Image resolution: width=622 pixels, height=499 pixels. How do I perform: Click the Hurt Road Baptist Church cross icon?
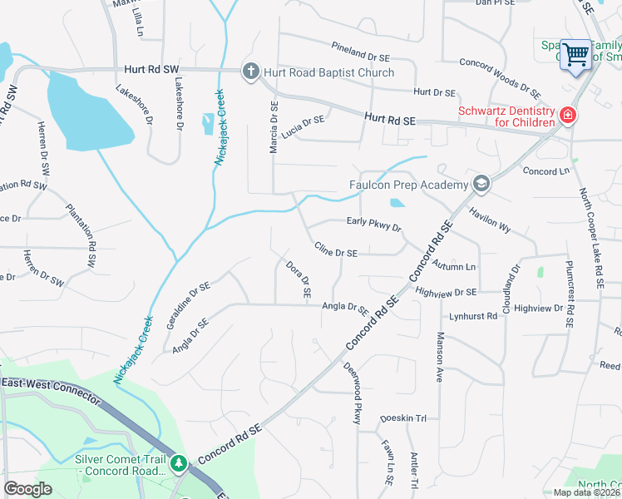[250, 72]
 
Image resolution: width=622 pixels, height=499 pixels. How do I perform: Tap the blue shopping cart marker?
[575, 55]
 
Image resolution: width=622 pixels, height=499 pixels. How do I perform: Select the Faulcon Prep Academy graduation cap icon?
[480, 184]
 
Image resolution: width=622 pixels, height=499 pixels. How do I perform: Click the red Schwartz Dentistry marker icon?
[568, 115]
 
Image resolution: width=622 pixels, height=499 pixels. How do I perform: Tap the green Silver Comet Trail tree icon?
[178, 462]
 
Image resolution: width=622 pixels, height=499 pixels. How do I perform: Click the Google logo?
[27, 489]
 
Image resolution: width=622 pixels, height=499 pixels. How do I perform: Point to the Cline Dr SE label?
[336, 250]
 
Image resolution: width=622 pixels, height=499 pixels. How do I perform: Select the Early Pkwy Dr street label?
[373, 225]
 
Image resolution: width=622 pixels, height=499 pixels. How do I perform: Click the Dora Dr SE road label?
[298, 280]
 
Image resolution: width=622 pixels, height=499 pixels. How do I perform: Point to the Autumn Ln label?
[454, 265]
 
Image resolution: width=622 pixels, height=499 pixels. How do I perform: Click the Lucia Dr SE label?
[303, 126]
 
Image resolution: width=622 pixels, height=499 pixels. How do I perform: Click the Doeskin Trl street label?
[402, 418]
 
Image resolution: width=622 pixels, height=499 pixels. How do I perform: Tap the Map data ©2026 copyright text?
[585, 492]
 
